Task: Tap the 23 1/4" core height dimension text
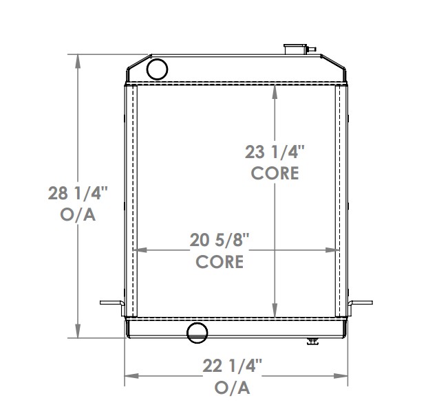click(x=275, y=151)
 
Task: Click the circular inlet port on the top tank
click(x=158, y=68)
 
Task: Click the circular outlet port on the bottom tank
click(x=197, y=332)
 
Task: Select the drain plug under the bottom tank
click(x=313, y=341)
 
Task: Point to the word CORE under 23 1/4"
click(x=275, y=173)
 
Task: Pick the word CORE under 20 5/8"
click(x=220, y=261)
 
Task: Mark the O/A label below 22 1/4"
click(x=233, y=388)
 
